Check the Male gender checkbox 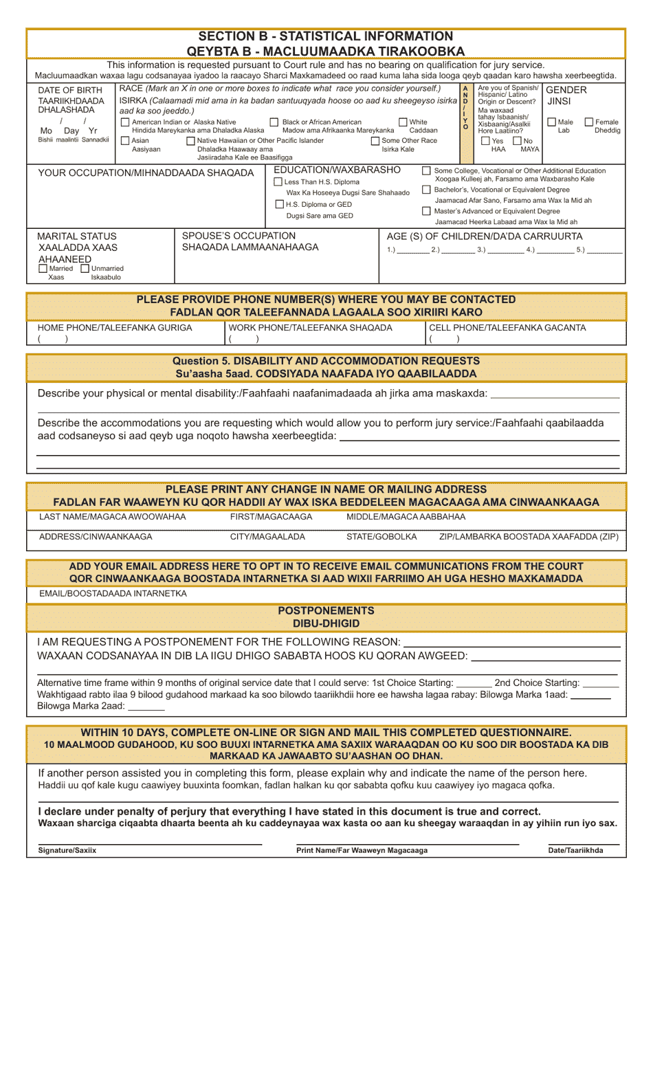pos(551,122)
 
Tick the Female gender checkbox pos(589,122)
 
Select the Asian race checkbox pos(125,141)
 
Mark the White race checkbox pos(403,122)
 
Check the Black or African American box pos(275,122)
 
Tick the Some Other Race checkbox pos(375,141)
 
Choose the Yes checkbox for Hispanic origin pos(485,141)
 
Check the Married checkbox pos(43,269)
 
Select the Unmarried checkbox pos(85,269)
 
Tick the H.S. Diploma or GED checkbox pos(279,204)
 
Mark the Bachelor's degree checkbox pos(427,190)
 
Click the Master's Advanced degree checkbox pos(427,211)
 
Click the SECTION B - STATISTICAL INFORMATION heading pos(326,36)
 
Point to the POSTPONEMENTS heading pos(326,610)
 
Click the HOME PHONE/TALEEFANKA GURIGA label pos(115,328)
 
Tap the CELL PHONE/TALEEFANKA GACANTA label pos(507,328)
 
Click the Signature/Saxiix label pos(67,850)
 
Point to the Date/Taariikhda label pos(575,850)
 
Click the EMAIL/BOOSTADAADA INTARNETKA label pos(113,593)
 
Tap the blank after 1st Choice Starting pos(474,684)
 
